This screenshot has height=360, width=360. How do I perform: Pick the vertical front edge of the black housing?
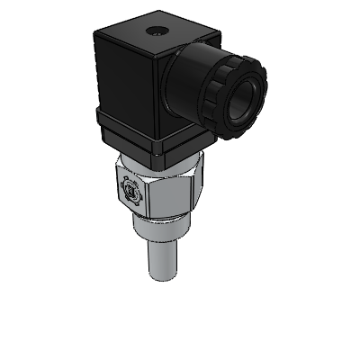pos(162,99)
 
